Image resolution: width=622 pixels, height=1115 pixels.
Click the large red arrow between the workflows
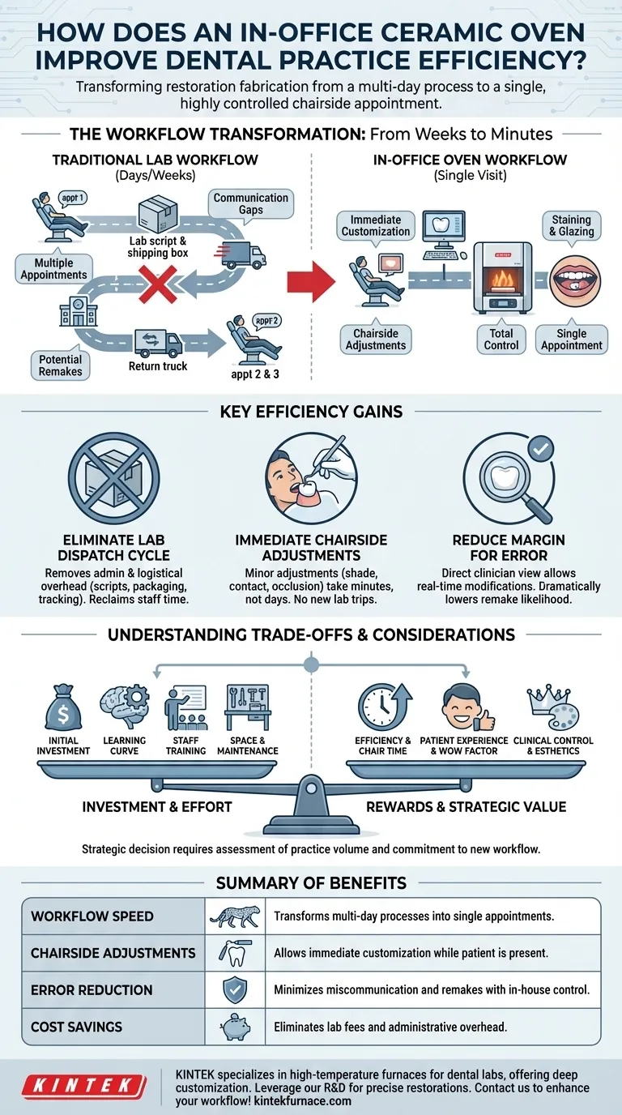(x=311, y=282)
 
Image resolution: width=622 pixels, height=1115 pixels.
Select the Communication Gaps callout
(x=250, y=203)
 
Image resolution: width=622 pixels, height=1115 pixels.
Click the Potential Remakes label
(x=61, y=365)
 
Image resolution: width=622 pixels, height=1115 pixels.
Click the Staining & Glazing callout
(x=572, y=226)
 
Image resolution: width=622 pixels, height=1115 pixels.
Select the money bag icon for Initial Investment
(x=63, y=707)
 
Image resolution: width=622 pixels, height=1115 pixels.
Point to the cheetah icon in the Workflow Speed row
(x=235, y=916)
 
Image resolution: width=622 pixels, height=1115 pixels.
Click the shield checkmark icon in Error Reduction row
(x=234, y=990)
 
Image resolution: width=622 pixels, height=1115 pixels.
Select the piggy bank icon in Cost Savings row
(x=235, y=1027)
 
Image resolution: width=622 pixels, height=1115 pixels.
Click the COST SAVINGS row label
(x=77, y=1027)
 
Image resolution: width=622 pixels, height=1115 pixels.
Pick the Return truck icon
(x=158, y=342)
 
